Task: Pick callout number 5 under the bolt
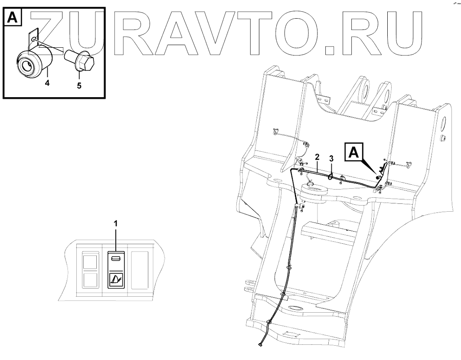79,85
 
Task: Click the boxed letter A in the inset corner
12,17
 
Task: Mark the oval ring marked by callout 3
331,176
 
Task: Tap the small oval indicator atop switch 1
115,259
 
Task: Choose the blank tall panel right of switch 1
140,270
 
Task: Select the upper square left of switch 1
90,262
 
